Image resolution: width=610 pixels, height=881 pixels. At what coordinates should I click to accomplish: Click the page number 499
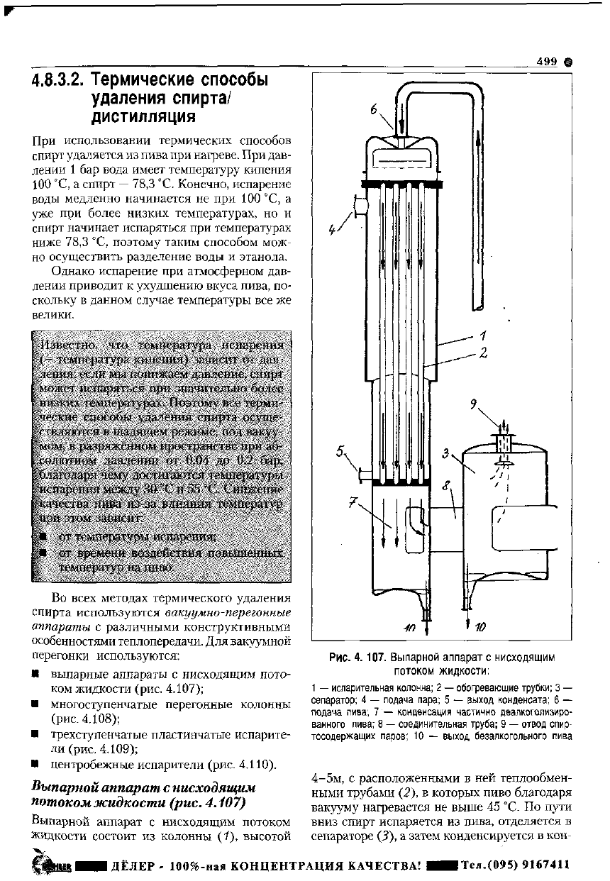[x=548, y=62]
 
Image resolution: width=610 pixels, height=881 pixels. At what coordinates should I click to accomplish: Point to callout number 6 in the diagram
[x=372, y=109]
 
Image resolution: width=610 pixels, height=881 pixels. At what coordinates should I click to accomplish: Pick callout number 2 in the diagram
[x=483, y=353]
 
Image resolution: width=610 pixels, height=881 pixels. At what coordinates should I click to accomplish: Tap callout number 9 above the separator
[x=474, y=404]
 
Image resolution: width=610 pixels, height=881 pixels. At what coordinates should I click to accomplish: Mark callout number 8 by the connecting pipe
[x=445, y=487]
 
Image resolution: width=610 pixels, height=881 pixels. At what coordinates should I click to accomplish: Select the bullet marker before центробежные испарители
[x=35, y=764]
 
